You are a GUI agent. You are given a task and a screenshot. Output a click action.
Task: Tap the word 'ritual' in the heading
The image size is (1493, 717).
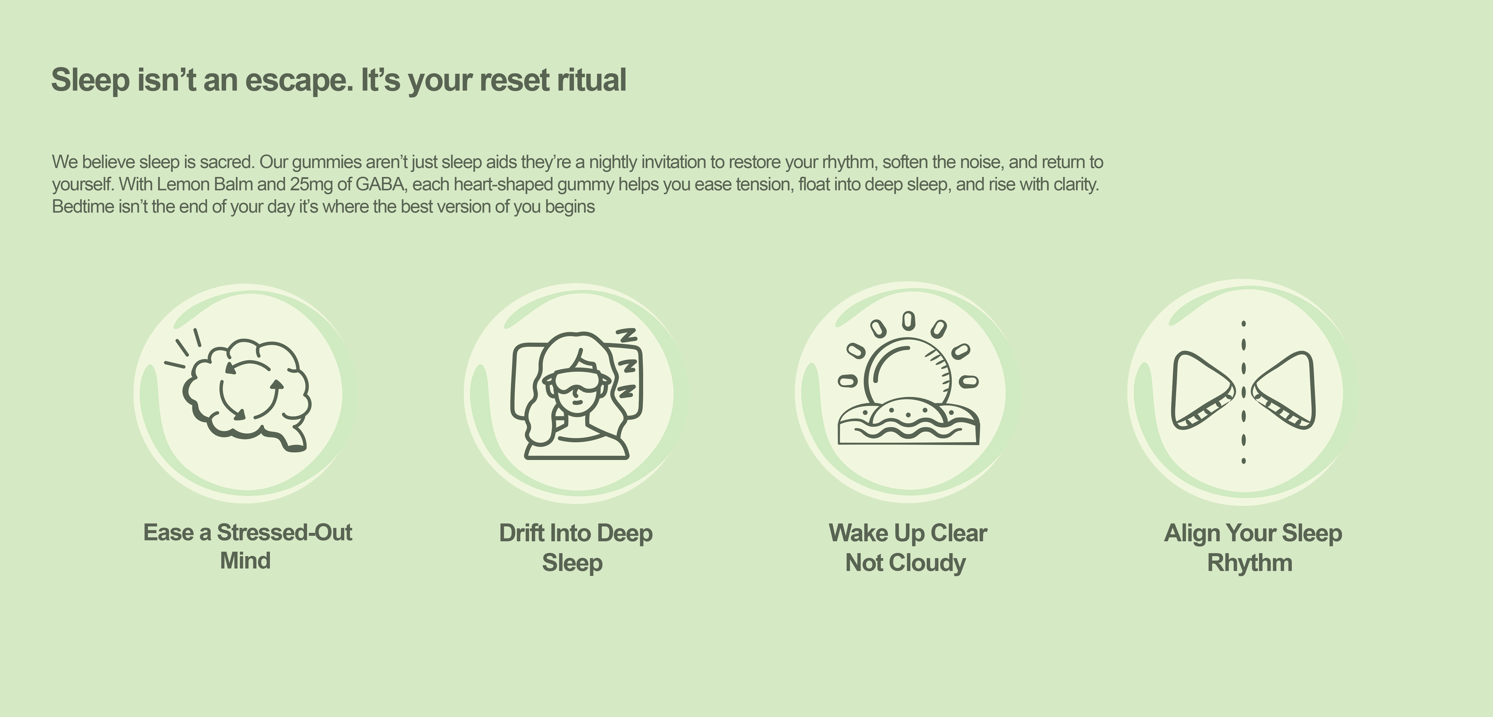click(x=592, y=80)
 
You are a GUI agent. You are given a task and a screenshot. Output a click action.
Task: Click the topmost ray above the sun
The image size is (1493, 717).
click(x=909, y=320)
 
